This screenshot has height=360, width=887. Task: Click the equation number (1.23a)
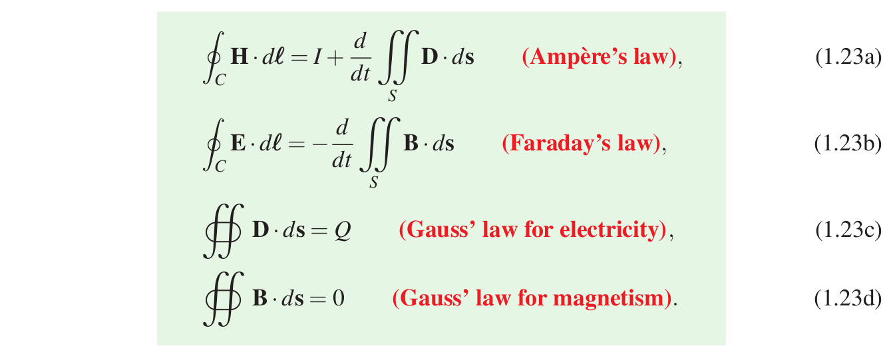(848, 58)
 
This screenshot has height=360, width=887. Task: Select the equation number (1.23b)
(848, 144)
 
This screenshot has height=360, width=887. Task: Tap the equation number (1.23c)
(848, 230)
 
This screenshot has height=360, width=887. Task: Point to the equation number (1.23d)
(848, 299)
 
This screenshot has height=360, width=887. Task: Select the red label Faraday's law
(580, 144)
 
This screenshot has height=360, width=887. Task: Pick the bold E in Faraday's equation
(238, 144)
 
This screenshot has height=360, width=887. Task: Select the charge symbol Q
(342, 231)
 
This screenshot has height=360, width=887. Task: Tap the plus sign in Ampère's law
(336, 58)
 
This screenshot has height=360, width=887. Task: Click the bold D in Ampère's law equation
(429, 58)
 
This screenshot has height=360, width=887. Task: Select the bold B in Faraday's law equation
(411, 144)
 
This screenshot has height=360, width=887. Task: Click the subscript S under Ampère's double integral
(393, 96)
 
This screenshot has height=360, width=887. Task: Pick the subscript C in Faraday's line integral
(220, 166)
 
